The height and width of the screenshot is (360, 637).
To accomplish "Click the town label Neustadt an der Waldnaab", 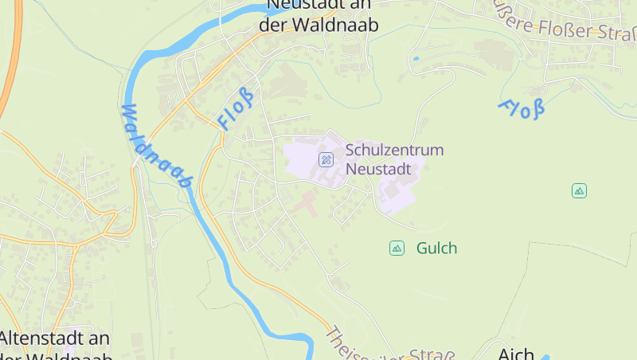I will pos(318,15).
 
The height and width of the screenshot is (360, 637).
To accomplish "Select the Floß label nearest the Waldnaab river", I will pos(236,110).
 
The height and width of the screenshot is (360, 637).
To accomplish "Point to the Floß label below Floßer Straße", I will pos(522,108).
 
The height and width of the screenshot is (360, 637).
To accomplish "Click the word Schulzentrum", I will pos(394,150).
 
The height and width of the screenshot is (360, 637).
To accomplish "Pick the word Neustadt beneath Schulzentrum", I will pos(378,169).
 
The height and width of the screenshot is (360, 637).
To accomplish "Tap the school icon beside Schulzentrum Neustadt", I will pos(326,159).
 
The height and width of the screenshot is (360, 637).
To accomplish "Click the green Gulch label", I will pos(436,248).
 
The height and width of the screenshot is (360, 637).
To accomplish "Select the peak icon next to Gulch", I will pos(397,248).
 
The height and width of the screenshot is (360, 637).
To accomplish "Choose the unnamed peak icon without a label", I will pos(579,190).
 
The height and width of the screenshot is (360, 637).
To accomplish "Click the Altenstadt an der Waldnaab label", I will pos(56,346).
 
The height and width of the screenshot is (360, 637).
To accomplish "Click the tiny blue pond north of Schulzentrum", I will pos(416,58).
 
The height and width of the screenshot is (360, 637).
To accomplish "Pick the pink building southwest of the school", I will pos(306,202).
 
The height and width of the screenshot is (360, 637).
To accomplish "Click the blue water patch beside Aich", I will pos(545,357).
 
